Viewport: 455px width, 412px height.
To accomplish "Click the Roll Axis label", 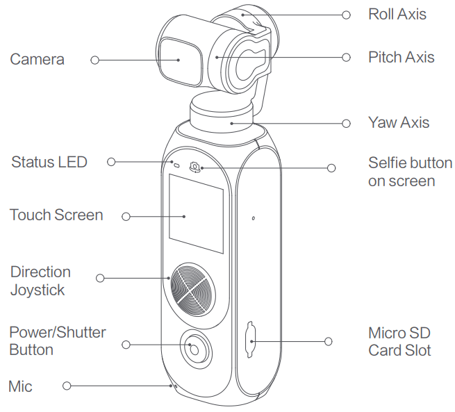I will point(397,14).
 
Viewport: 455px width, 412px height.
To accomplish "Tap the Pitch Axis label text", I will point(401,57).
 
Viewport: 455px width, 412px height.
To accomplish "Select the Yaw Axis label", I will point(399,123).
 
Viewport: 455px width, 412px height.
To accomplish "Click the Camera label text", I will point(37,60).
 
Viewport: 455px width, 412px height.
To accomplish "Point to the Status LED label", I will point(49,163).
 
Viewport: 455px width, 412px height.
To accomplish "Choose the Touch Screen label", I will point(56,215).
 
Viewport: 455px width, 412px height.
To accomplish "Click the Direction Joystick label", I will point(40,281).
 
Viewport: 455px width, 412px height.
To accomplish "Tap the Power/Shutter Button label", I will point(58,340).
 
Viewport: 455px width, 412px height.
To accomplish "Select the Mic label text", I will point(20,386).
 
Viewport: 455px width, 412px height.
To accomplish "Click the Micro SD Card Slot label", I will point(399,341).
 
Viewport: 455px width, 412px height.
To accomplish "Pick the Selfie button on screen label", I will point(410,172).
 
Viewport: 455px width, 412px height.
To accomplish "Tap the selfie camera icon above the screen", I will point(195,167).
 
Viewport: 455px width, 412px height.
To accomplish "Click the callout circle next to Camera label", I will point(94,60).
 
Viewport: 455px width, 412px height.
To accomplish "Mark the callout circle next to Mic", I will point(67,386).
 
